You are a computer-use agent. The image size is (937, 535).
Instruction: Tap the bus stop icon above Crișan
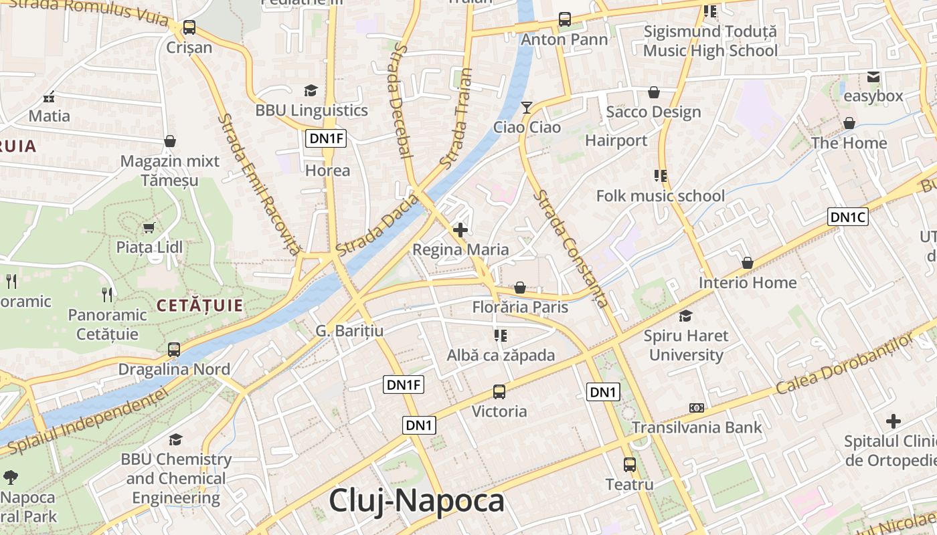point(189,27)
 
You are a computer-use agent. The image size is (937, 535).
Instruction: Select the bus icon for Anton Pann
point(565,19)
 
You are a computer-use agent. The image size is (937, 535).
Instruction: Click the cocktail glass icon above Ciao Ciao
point(527,107)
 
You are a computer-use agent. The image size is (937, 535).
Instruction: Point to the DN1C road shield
point(848,217)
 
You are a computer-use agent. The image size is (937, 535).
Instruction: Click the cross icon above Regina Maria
point(460,230)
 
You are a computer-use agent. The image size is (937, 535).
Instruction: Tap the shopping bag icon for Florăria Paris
point(520,288)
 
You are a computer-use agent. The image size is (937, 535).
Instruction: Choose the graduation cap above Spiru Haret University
point(686,316)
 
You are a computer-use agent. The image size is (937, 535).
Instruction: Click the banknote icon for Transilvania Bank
point(697,408)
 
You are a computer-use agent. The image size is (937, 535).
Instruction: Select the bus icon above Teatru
point(629,464)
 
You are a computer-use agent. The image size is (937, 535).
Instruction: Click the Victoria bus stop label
point(499,411)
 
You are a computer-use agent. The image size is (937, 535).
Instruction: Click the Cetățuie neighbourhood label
point(199,306)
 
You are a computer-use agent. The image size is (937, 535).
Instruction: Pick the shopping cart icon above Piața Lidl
point(149,228)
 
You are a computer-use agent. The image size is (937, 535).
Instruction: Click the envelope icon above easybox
point(873,77)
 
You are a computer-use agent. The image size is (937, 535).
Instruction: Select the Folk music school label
point(661,196)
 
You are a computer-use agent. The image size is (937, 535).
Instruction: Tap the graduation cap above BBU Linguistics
point(311,91)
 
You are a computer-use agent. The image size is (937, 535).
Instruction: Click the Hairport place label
point(616,140)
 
